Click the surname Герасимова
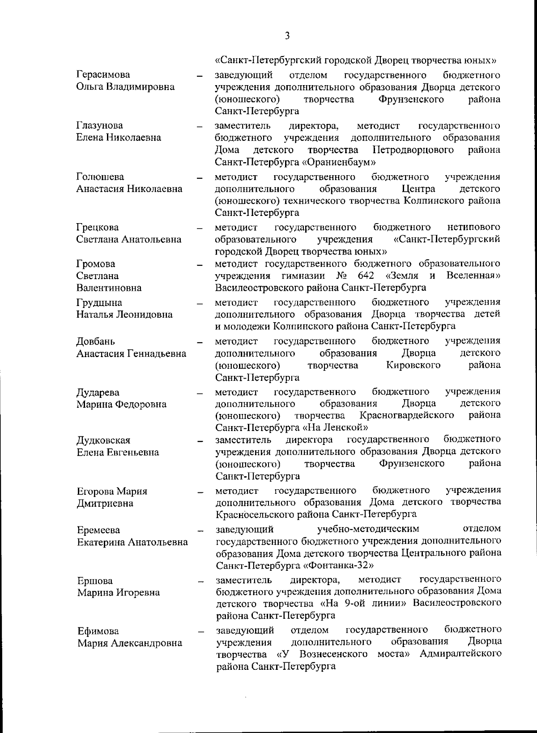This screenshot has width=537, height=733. click(103, 74)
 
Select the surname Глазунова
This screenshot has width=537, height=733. click(99, 125)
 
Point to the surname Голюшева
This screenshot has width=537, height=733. click(100, 177)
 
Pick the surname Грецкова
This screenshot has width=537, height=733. click(98, 227)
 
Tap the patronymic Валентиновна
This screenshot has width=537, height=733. click(109, 288)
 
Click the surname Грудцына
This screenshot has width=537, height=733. click(99, 302)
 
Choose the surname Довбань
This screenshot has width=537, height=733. click(95, 341)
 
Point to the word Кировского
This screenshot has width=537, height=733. click(413, 365)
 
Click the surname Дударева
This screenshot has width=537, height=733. click(98, 392)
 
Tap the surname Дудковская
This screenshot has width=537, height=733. click(103, 440)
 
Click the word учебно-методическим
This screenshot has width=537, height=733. click(368, 529)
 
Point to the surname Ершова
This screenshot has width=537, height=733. click(95, 581)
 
